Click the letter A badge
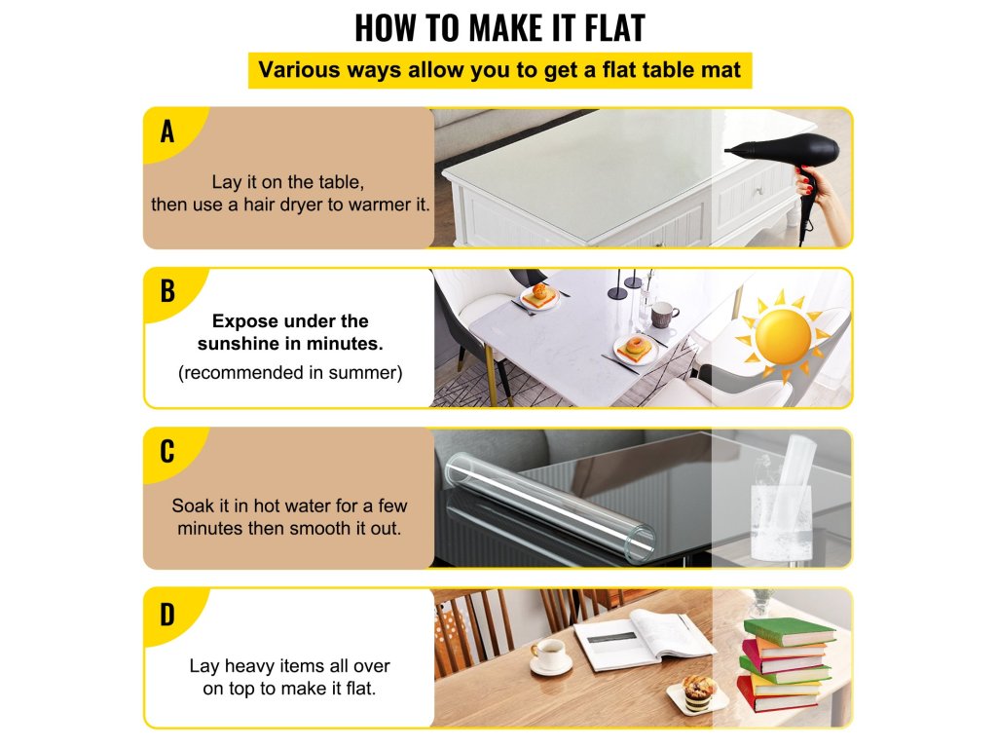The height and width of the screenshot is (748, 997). (167, 131)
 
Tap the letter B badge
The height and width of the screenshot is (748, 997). (167, 290)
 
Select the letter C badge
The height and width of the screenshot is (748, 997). (167, 451)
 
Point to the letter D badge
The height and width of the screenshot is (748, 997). (167, 615)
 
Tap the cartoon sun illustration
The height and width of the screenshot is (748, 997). (782, 335)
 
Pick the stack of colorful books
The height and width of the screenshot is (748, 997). (787, 664)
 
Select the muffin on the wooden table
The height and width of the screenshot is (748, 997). (697, 693)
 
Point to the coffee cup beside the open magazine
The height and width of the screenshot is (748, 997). (550, 655)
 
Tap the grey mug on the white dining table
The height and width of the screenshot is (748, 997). (664, 315)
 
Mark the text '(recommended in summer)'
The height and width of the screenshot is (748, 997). (290, 373)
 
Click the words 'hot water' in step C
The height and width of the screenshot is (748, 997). (292, 505)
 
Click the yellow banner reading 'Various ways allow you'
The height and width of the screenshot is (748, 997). (499, 70)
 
